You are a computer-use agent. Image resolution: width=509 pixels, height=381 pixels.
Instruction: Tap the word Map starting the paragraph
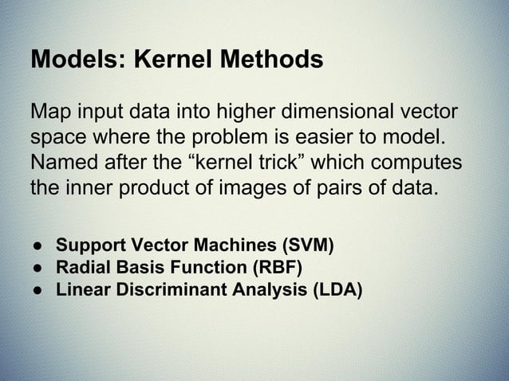click(49, 111)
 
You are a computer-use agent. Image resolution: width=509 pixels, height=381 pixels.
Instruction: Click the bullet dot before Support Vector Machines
click(37, 243)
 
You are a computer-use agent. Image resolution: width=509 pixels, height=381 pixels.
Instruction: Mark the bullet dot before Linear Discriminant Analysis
click(37, 288)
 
